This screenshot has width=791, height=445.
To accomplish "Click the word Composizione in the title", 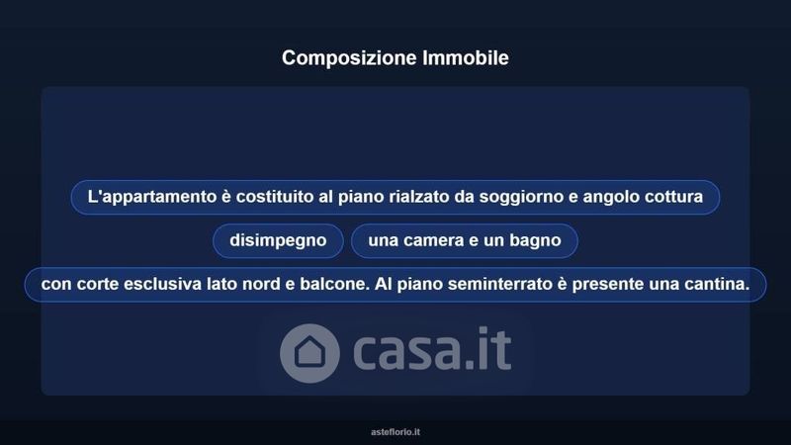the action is point(349,58).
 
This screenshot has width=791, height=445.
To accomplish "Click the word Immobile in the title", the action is point(466,57).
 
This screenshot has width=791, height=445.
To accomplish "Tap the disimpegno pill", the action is point(278,240).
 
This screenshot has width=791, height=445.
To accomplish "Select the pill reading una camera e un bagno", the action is point(465,240).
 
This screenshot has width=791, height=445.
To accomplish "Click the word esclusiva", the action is point(162,284).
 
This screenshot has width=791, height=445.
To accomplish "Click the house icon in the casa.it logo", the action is point(309,353).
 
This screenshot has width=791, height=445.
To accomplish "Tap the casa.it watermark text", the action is point(432,349).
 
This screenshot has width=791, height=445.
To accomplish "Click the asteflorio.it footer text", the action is point(395,432).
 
